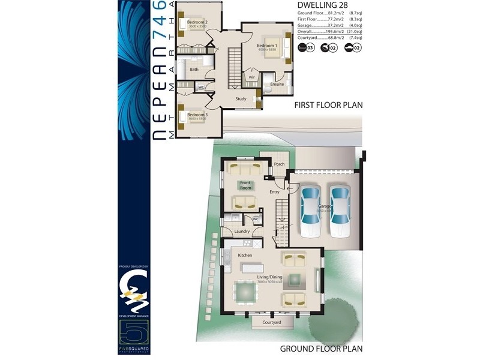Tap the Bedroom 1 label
click(x=267, y=46)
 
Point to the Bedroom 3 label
click(x=197, y=114)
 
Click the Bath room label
click(x=194, y=70)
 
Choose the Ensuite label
click(x=277, y=84)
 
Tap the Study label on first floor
click(x=241, y=99)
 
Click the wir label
click(x=252, y=77)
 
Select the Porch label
click(x=279, y=164)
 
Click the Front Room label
click(x=245, y=184)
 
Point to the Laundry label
click(x=242, y=231)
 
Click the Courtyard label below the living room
click(x=271, y=322)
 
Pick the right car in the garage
click(x=339, y=211)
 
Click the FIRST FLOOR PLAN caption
click(x=328, y=104)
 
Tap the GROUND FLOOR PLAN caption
click(x=321, y=348)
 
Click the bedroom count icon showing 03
click(x=306, y=48)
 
